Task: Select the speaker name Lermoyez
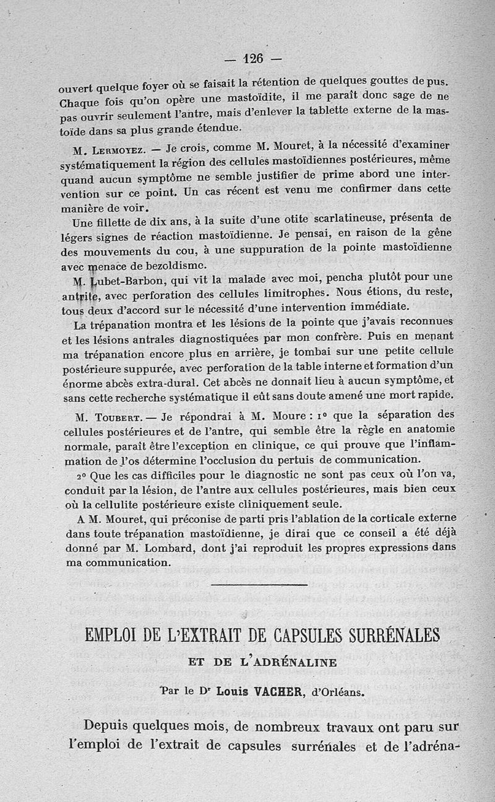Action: [x=118, y=150]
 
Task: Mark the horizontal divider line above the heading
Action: [x=259, y=584]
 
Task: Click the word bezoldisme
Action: [x=165, y=262]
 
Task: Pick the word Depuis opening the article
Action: [x=110, y=726]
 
